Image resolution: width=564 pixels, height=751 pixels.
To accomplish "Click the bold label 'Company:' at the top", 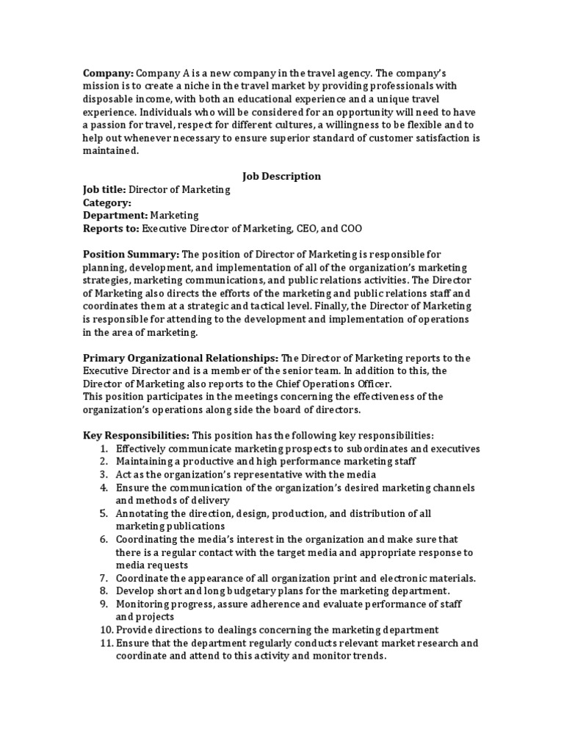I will pyautogui.click(x=107, y=74).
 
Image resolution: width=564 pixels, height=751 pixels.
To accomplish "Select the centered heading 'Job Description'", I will pyautogui.click(x=281, y=176).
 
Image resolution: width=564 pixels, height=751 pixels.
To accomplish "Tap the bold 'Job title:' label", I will pyautogui.click(x=104, y=189).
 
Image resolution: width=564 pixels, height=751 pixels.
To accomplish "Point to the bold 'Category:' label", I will pyautogui.click(x=107, y=202).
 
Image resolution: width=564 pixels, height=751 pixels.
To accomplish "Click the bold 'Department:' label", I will pyautogui.click(x=115, y=216).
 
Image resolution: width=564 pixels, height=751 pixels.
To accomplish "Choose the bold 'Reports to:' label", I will pyautogui.click(x=110, y=229).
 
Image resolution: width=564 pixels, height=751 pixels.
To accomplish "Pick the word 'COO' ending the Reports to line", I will pyautogui.click(x=350, y=229).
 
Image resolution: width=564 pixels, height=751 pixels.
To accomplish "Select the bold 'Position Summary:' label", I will pyautogui.click(x=131, y=254).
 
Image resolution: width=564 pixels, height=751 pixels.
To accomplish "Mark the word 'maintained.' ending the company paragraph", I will pyautogui.click(x=110, y=150).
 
